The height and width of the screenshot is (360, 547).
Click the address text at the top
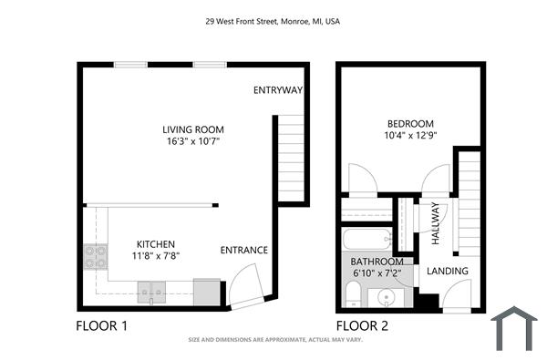[273, 21]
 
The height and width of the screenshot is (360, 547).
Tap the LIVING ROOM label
[192, 129]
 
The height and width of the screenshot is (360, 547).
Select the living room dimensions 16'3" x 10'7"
[192, 142]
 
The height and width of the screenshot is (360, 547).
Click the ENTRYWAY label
[278, 90]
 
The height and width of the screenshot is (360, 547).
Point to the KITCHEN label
[157, 244]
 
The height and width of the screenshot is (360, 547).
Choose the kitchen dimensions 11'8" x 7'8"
[157, 256]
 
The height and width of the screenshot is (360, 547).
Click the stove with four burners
[95, 257]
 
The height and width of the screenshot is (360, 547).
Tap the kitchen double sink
[151, 292]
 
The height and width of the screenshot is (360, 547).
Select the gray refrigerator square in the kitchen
[207, 292]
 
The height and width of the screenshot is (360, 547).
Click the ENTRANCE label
[244, 250]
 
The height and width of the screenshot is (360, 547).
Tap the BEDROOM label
[410, 124]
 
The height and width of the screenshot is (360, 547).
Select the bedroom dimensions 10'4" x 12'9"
[410, 137]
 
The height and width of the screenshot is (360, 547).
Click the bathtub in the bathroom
[366, 241]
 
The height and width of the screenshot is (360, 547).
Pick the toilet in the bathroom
[353, 293]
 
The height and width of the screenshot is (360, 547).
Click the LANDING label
[448, 271]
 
